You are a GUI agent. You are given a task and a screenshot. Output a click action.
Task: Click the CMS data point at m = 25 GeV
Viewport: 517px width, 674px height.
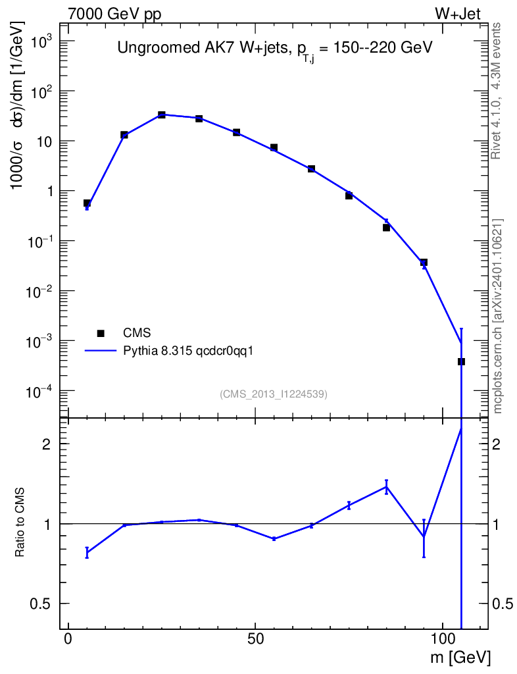coord(161,115)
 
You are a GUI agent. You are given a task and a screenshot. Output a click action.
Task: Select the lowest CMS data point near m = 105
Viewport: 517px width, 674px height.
coord(461,361)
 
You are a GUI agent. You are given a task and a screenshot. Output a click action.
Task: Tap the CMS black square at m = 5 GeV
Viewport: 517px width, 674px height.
coord(87,203)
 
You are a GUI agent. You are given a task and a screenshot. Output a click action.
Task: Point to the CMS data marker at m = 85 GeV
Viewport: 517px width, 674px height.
coord(386,228)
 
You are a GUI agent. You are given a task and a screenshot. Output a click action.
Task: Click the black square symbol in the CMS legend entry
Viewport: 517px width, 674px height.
coord(101,332)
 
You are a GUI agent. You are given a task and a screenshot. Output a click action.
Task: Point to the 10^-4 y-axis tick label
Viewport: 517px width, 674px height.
coord(39,392)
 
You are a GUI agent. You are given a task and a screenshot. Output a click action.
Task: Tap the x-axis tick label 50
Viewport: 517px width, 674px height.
coord(255,640)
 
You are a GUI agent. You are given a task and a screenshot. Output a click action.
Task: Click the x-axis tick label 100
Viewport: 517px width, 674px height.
coord(442,640)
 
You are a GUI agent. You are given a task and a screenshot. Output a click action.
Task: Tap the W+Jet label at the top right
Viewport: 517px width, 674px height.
coord(460,14)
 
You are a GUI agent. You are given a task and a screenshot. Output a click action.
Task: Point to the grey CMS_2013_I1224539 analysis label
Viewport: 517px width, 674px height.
coord(274,394)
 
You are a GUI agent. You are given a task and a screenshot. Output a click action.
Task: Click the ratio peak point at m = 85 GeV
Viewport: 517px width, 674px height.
coord(386,487)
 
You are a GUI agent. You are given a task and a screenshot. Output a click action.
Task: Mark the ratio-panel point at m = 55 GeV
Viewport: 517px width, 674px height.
coord(274,538)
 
